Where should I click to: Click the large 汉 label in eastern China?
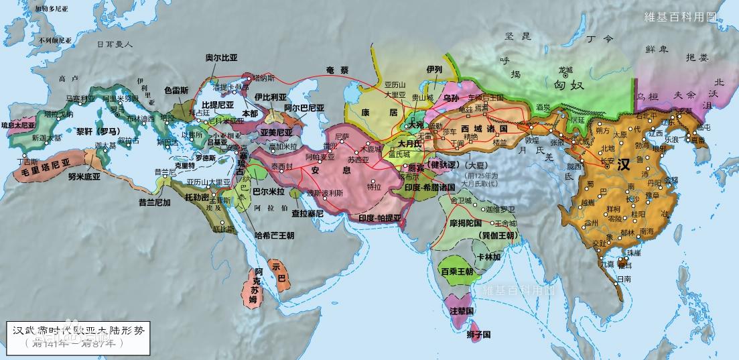pos(624,164)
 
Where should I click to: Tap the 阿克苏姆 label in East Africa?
pos(253,286)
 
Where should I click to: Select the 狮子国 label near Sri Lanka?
pos(478,334)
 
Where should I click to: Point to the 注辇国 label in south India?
pos(462,311)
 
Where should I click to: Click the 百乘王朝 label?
pos(457,272)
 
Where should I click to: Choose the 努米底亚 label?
pos(84,177)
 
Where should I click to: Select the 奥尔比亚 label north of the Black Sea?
pos(221,58)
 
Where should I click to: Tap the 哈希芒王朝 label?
pos(275,235)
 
